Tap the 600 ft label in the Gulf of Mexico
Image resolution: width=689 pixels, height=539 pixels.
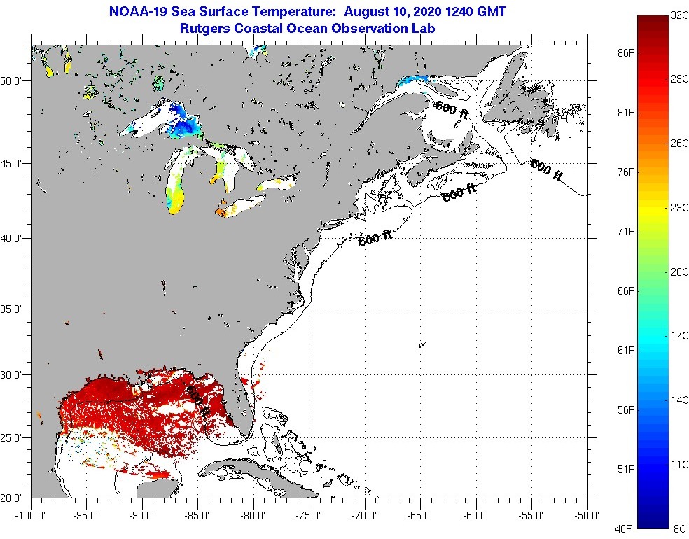197,401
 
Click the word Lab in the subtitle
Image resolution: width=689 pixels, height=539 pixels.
424,29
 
